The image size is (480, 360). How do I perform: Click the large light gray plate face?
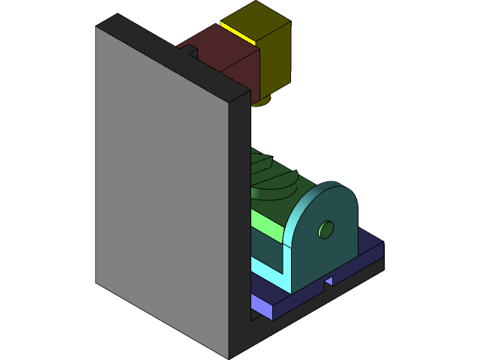(x=161, y=195)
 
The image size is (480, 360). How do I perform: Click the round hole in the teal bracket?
(x=325, y=229)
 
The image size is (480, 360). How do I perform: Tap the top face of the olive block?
(x=255, y=19)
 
